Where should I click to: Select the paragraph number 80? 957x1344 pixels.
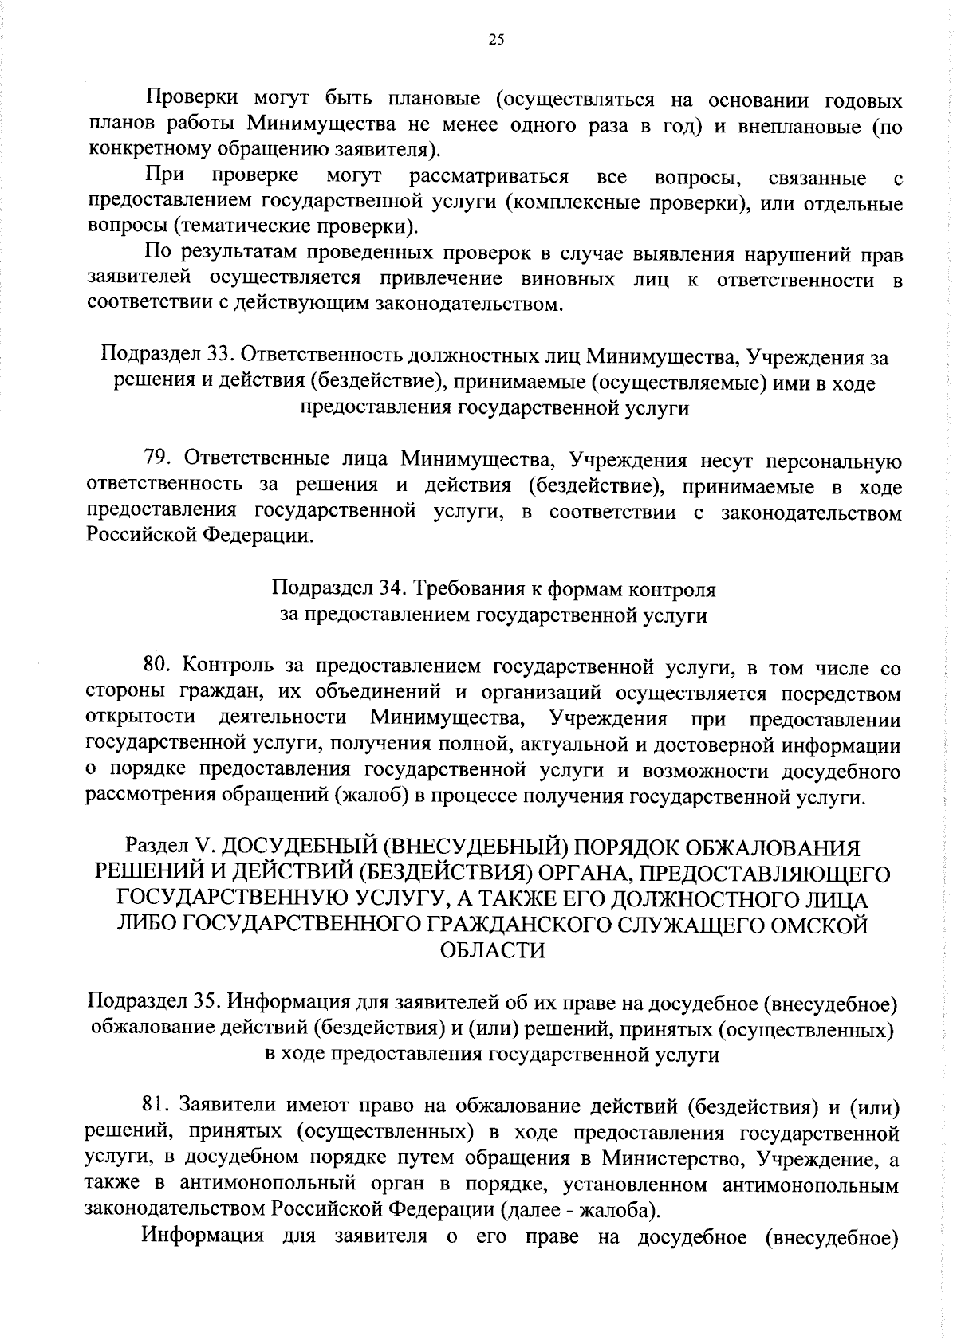[x=158, y=665]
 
